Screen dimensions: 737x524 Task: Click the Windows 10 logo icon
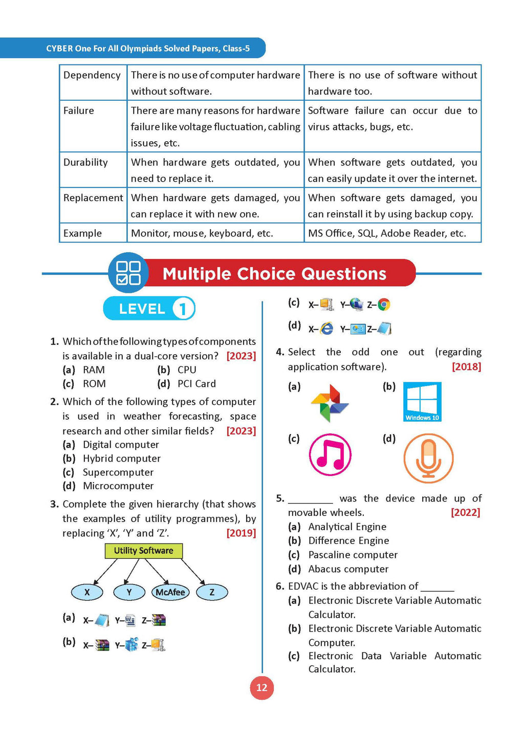422,402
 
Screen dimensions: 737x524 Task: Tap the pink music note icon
330,454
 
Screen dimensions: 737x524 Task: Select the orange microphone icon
428,458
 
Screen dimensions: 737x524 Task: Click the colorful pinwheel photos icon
330,403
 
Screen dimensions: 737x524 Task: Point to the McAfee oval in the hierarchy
170,592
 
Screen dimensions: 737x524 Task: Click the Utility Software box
143,551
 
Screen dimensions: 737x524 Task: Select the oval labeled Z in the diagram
212,592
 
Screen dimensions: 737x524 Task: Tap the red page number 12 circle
261,687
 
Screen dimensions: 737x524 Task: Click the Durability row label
85,162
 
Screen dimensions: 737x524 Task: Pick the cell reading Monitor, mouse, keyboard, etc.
202,233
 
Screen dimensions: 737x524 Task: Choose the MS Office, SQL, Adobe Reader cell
387,233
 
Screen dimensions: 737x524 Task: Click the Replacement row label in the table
93,198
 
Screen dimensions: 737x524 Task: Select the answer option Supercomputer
118,472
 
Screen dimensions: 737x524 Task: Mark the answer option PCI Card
196,384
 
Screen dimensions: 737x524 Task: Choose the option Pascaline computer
353,555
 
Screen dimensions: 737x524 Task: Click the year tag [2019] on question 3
241,533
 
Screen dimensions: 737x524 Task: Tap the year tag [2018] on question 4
466,366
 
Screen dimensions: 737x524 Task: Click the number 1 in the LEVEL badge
183,309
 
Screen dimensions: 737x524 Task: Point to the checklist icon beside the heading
128,273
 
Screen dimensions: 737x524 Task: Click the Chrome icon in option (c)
384,305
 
